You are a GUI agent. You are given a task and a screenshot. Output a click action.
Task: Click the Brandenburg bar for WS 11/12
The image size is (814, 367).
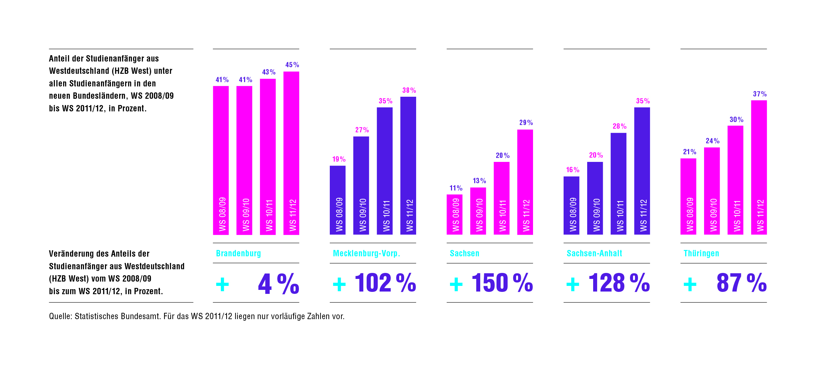pos(291,153)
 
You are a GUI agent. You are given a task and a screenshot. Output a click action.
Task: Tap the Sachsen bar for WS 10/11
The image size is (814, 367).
pos(501,198)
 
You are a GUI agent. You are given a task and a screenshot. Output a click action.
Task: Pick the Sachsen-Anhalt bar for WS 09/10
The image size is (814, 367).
pos(595,198)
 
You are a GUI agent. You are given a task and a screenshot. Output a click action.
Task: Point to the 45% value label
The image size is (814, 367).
pos(292,65)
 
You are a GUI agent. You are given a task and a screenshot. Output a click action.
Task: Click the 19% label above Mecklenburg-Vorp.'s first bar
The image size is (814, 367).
pos(339,159)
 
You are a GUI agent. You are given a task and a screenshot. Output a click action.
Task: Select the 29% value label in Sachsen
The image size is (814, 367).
pos(526,123)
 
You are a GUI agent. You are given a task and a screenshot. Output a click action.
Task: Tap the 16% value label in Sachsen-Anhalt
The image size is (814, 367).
pos(573,170)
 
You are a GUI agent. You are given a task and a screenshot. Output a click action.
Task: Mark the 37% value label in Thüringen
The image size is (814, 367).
pos(760,94)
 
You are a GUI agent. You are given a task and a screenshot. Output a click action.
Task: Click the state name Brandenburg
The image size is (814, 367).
pos(238,253)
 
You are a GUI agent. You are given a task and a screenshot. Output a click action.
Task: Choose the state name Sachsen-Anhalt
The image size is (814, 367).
pos(594,253)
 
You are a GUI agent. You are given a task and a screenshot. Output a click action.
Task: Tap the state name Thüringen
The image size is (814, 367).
pos(701,253)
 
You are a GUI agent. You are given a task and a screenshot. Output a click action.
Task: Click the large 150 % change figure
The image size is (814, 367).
pos(502,283)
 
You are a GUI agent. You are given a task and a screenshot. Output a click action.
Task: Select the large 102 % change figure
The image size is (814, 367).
pos(385,283)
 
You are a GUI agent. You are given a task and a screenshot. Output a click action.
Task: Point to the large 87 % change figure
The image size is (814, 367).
pos(741,283)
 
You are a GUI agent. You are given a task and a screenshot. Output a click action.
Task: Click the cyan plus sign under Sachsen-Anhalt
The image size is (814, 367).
pos(573,285)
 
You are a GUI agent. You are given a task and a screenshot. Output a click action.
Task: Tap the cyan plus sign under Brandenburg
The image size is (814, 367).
pos(222,285)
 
